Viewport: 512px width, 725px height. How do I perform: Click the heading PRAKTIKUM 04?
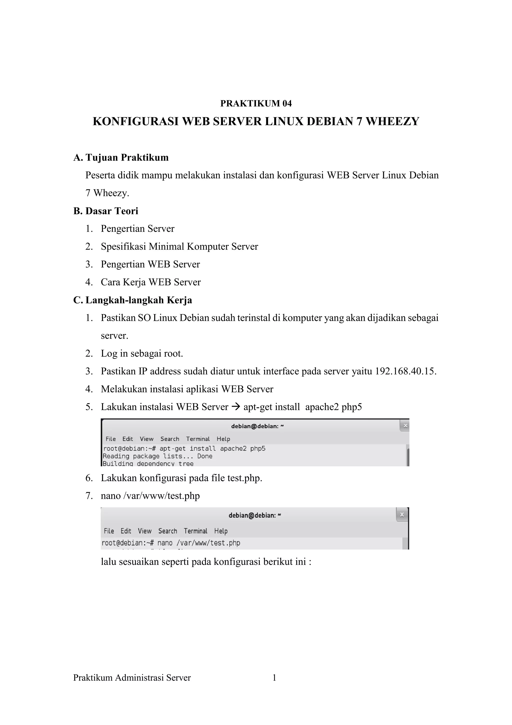click(256, 103)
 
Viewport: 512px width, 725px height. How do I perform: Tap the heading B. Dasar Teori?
click(106, 211)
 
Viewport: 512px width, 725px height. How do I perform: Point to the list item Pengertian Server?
click(137, 229)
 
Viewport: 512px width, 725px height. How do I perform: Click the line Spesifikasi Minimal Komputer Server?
click(179, 246)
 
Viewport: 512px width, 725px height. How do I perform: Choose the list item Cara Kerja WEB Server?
click(150, 282)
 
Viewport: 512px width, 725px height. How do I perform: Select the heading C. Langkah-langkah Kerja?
click(133, 300)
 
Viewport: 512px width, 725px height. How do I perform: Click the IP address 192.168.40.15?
click(405, 371)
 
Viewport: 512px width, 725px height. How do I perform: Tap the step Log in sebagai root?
click(142, 353)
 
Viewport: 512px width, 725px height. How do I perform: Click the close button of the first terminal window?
click(405, 426)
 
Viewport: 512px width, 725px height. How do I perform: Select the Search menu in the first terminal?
click(170, 439)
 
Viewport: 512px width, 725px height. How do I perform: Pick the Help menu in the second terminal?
click(221, 531)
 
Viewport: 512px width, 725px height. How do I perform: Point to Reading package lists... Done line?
click(157, 456)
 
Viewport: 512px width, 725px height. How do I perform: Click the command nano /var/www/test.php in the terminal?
click(199, 543)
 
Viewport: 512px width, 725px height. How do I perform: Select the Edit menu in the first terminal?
click(127, 439)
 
